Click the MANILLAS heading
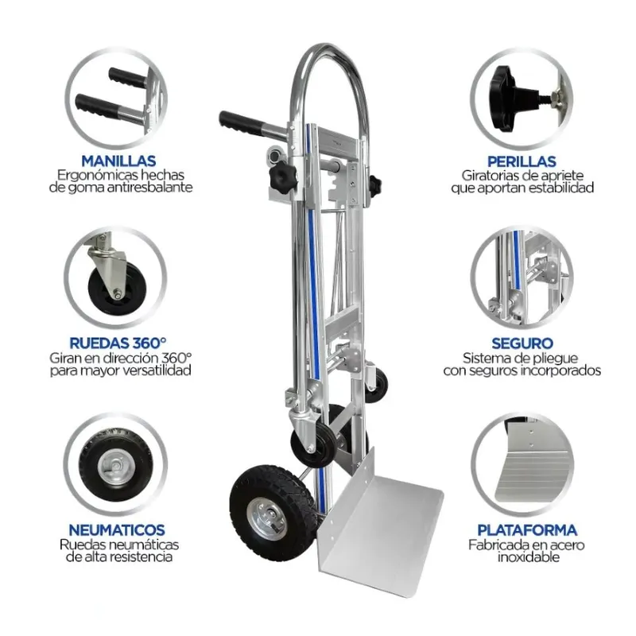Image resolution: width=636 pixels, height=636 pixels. click(118, 161)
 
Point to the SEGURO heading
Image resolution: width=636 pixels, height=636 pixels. click(522, 343)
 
